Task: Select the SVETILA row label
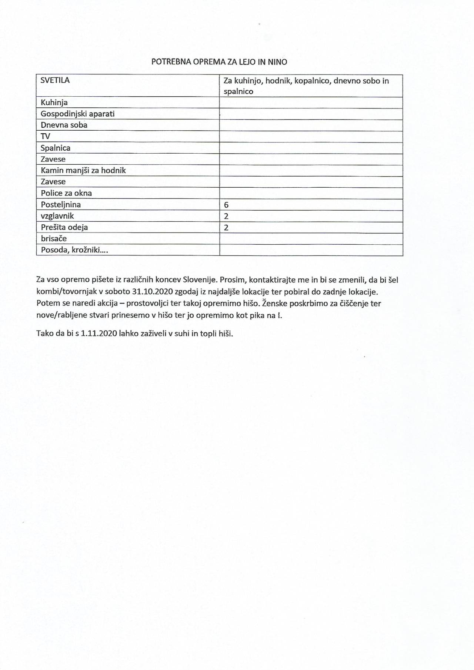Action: tap(55, 80)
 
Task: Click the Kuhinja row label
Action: tap(54, 103)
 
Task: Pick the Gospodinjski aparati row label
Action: tap(78, 114)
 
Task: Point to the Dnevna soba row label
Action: tap(64, 125)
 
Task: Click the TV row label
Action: tap(46, 136)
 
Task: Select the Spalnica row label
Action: tap(56, 148)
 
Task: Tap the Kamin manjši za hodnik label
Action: tap(83, 170)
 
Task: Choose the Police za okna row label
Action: tap(66, 193)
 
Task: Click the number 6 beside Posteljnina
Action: tap(226, 205)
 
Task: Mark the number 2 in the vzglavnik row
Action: tap(226, 216)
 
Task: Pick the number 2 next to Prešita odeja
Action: tap(226, 227)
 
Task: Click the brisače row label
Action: tap(54, 238)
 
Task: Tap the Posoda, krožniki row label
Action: tap(74, 250)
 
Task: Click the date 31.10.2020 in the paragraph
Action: tap(152, 292)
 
